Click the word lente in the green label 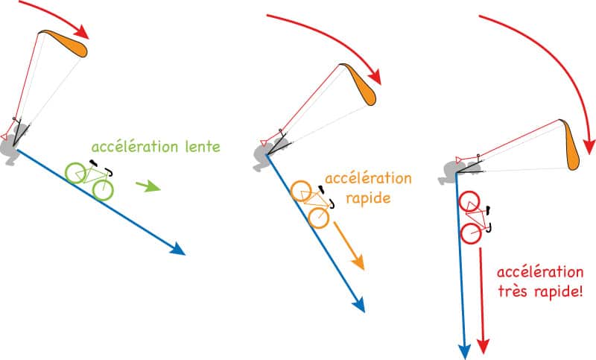click(203, 147)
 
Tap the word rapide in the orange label click(368, 198)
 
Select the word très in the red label click(514, 292)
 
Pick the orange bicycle click(312, 204)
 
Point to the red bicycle click(475, 218)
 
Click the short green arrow click(148, 186)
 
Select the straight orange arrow click(349, 245)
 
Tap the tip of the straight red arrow click(483, 353)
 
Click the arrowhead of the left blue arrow click(177, 250)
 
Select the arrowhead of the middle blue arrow click(359, 304)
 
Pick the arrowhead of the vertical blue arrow click(464, 350)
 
